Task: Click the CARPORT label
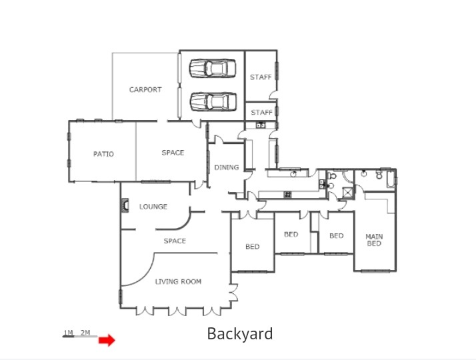coord(145,89)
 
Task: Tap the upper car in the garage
coord(213,68)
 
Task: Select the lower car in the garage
coord(213,102)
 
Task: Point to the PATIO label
coord(103,154)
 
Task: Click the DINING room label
coord(227,167)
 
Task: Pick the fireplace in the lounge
coord(125,205)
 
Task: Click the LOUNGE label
coord(153,207)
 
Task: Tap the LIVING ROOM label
coord(178,282)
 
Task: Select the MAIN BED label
coord(374,240)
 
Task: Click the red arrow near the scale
coord(107,340)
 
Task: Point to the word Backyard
coord(240,333)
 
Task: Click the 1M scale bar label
coord(68,333)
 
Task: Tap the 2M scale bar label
coord(85,333)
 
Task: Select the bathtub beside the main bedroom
coord(391,179)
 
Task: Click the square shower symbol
coord(348,193)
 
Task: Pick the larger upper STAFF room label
coord(261,77)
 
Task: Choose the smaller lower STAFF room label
coord(262,112)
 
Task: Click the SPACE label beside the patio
coord(173,153)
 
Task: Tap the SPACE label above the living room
coord(175,241)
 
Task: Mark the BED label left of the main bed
coord(337,235)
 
